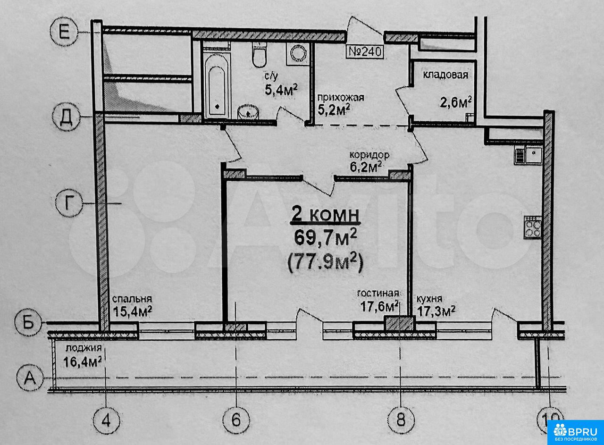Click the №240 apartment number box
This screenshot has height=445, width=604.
click(365, 51)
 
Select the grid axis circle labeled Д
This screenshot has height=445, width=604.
click(66, 118)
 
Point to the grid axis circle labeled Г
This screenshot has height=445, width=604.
click(69, 203)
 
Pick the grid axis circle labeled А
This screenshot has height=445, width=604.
click(30, 378)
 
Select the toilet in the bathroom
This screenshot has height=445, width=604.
click(260, 54)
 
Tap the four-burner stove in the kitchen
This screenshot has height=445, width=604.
click(533, 227)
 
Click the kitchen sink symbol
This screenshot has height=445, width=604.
click(528, 156)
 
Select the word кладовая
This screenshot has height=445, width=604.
click(445, 75)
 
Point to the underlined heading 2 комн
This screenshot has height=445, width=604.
click(325, 216)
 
